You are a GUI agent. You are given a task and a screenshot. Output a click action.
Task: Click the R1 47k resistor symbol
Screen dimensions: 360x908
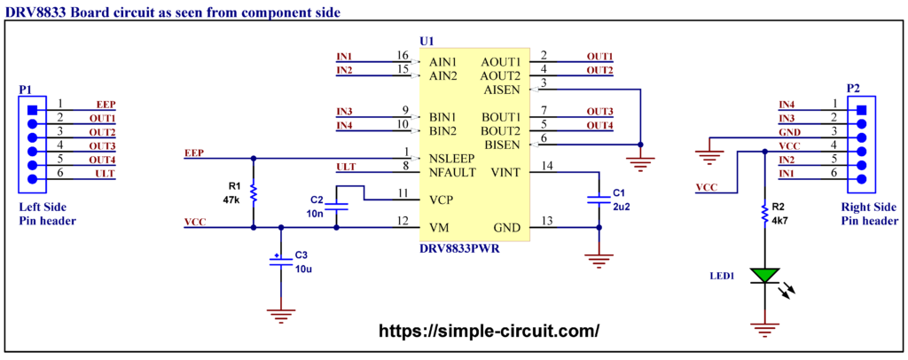254,192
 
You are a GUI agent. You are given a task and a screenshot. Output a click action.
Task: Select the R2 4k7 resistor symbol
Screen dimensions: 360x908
763,211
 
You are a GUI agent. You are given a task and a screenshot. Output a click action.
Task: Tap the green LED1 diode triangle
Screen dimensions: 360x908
763,276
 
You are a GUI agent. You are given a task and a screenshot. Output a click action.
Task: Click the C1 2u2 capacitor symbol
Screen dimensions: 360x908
600,200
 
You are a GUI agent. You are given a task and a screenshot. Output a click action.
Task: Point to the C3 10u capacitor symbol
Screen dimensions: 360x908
281,262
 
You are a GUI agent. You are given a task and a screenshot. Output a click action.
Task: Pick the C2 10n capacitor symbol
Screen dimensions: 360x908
337,207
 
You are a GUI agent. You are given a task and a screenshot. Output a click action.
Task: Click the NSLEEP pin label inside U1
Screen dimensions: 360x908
452,158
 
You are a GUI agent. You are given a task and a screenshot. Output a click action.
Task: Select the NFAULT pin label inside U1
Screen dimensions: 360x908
452,171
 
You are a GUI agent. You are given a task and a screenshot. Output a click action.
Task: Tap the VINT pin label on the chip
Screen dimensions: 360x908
504,172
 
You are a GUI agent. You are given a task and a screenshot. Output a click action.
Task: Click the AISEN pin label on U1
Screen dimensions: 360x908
502,90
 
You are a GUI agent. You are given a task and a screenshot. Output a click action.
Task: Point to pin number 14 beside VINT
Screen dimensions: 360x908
548,166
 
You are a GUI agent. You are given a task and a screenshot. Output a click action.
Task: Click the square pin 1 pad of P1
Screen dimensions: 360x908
33,110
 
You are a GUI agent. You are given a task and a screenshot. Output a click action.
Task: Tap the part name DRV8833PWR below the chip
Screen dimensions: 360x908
459,249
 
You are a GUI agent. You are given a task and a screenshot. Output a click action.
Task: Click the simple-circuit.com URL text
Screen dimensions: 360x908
489,331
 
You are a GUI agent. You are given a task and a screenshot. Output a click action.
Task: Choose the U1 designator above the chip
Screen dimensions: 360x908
427,42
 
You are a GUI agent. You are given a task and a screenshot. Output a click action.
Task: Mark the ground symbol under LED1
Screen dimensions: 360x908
763,331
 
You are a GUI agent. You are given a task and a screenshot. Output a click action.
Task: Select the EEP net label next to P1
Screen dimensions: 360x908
106,105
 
